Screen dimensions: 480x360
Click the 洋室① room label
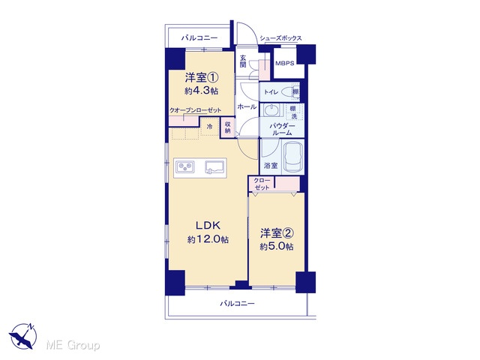(x=202, y=77)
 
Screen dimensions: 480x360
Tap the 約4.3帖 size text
(x=202, y=91)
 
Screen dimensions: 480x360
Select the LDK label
(x=208, y=226)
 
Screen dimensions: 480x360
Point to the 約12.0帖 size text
(x=208, y=239)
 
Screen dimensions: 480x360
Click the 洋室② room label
(x=277, y=233)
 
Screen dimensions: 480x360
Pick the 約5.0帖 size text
(x=277, y=247)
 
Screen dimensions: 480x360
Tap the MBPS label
(x=285, y=63)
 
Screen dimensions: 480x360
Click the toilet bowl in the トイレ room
(x=288, y=91)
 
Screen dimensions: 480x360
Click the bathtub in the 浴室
(x=293, y=157)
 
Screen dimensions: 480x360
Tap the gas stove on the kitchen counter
(x=185, y=167)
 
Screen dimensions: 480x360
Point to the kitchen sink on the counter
(x=214, y=167)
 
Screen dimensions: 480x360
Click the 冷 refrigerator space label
(x=210, y=127)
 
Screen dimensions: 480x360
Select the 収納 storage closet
(x=227, y=127)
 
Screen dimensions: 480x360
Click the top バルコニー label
(x=199, y=38)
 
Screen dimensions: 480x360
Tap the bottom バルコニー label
(x=237, y=304)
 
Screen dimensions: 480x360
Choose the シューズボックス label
(x=280, y=38)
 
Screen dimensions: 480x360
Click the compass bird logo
(x=23, y=336)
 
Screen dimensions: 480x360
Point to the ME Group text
(x=73, y=345)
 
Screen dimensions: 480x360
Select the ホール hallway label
(x=247, y=106)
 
